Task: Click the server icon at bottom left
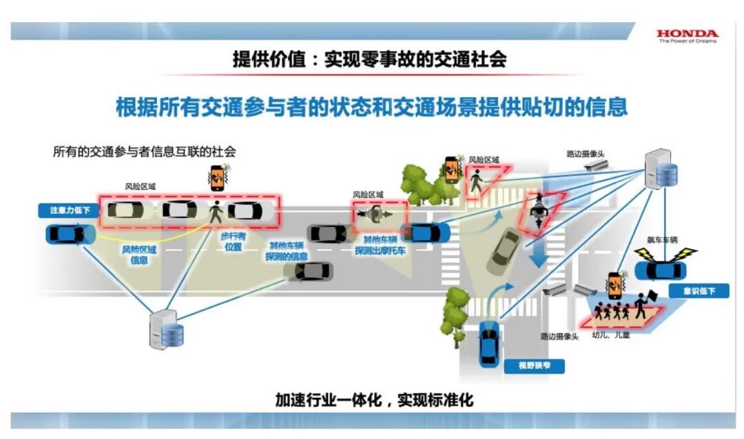click(166, 331)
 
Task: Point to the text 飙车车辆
click(662, 240)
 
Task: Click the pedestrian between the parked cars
click(216, 211)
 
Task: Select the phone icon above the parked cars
click(218, 178)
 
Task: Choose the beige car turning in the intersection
click(505, 250)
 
